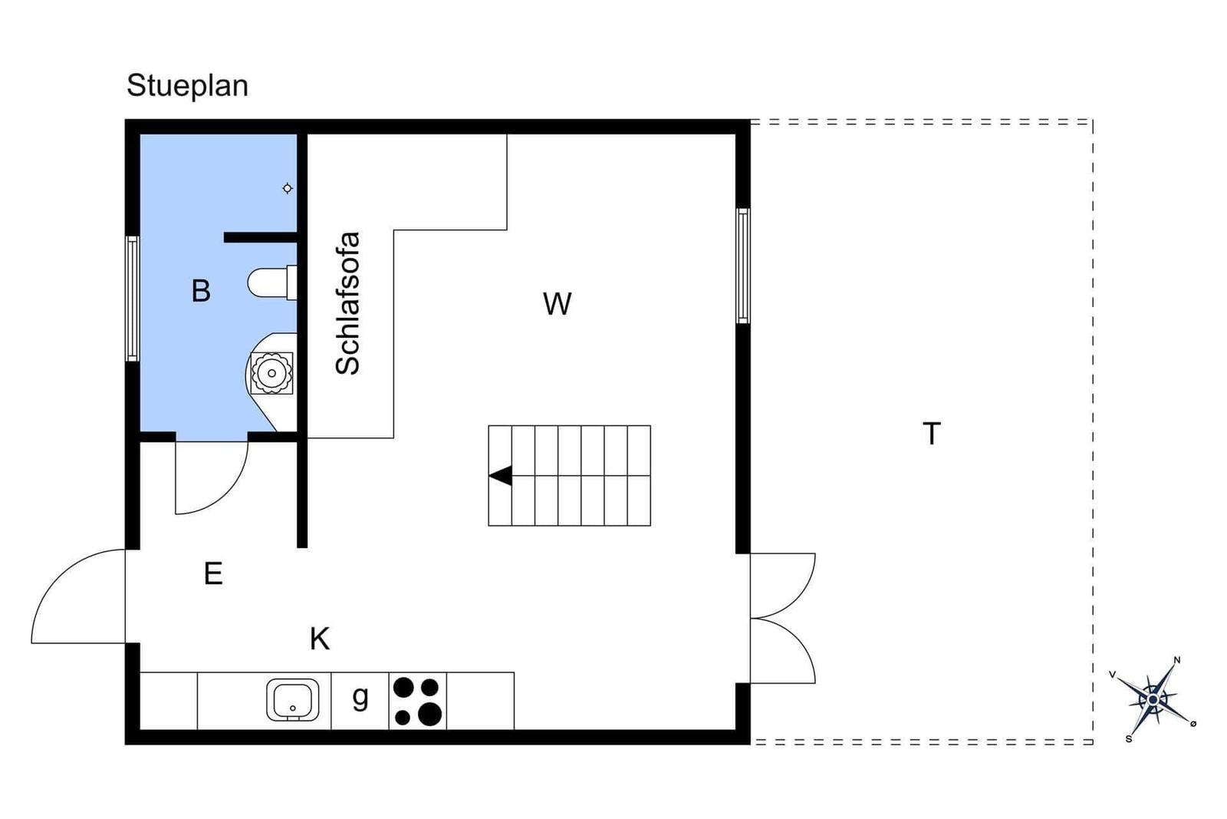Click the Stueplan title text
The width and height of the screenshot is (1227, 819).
click(x=187, y=86)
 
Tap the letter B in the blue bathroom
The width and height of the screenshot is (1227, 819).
click(x=201, y=291)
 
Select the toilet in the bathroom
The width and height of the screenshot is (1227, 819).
click(x=272, y=283)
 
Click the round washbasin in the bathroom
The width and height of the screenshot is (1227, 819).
click(x=271, y=373)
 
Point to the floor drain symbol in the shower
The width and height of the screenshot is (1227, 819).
click(x=288, y=189)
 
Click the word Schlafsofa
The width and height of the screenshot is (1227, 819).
click(x=347, y=303)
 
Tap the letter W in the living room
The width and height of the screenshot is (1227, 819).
click(x=557, y=303)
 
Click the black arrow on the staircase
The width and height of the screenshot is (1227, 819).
click(x=501, y=475)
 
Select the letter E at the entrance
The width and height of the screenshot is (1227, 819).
click(x=213, y=574)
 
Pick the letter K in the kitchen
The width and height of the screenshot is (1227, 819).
click(x=320, y=639)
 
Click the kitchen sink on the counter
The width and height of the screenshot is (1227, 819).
click(x=292, y=700)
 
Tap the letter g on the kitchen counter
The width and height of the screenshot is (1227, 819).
click(x=360, y=697)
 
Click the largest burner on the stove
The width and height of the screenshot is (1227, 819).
click(x=429, y=715)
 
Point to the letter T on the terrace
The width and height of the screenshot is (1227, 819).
click(x=932, y=433)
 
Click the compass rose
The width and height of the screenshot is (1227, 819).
click(x=1153, y=699)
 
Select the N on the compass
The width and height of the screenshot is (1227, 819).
click(x=1177, y=660)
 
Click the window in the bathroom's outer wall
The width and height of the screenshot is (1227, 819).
click(x=132, y=299)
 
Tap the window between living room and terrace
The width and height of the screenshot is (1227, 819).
click(x=743, y=266)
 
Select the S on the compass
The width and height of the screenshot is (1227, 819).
click(x=1128, y=739)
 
